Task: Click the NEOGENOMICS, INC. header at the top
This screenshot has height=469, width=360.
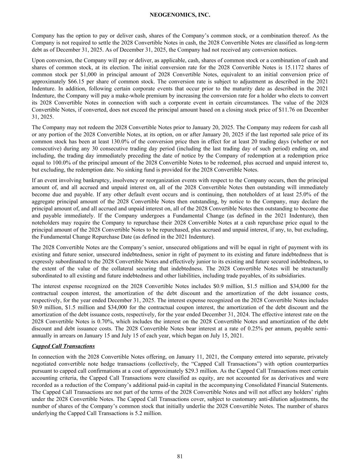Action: (180, 15)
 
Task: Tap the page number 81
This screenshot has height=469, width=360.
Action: (180, 456)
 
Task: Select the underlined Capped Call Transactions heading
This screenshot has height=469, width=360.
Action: (63, 346)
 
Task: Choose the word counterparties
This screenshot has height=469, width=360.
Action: (313, 364)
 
